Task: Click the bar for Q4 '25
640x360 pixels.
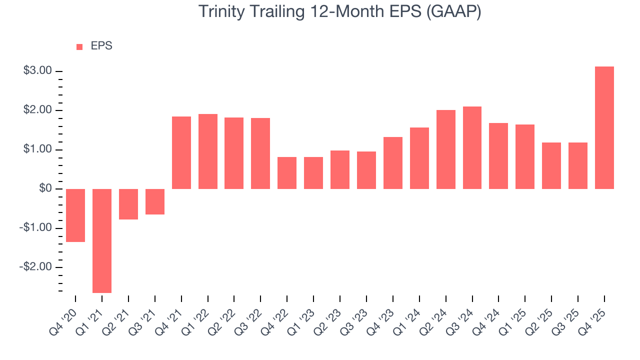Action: pyautogui.click(x=604, y=127)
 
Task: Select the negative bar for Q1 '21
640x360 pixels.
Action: pyautogui.click(x=102, y=240)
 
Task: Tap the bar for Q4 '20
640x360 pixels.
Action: pyautogui.click(x=75, y=215)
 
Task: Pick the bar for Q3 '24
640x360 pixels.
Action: pyautogui.click(x=472, y=147)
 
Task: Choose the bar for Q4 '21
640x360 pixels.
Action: pyautogui.click(x=181, y=152)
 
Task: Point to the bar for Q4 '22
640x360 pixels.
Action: pyautogui.click(x=287, y=172)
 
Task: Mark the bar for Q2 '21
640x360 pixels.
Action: pyautogui.click(x=128, y=204)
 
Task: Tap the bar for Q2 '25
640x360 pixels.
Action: pyautogui.click(x=551, y=165)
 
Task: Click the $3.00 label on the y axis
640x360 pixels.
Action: pyautogui.click(x=38, y=71)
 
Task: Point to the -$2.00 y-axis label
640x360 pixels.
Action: pyautogui.click(x=36, y=267)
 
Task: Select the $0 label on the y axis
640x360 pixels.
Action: pyautogui.click(x=45, y=188)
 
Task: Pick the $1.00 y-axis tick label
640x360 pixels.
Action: pyautogui.click(x=38, y=149)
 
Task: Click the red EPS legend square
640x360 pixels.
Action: pyautogui.click(x=79, y=46)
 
